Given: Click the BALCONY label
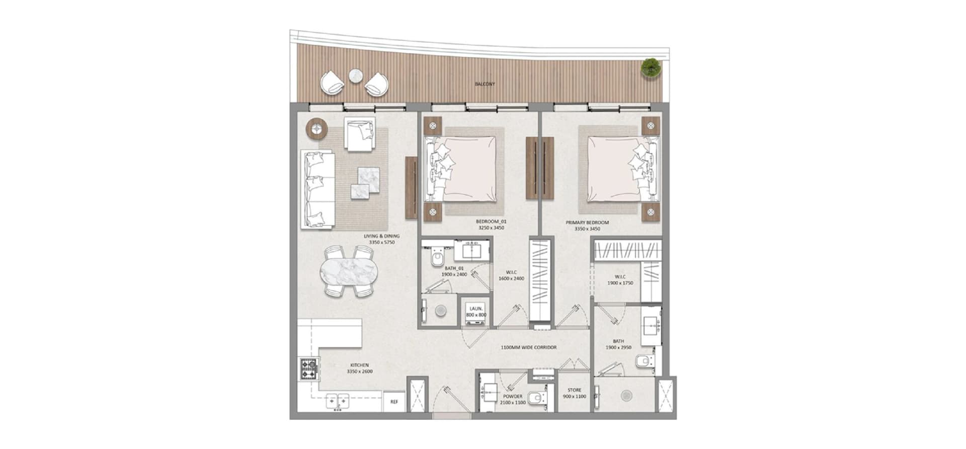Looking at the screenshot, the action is click(x=485, y=84).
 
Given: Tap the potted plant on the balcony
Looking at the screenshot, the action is click(x=651, y=67).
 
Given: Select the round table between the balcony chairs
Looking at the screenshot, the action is click(x=356, y=76).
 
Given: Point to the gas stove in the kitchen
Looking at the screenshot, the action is click(x=309, y=369).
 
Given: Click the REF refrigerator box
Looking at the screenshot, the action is click(x=394, y=402).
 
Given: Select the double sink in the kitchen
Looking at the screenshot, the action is click(x=338, y=401).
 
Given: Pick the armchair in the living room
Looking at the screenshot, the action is click(x=360, y=134).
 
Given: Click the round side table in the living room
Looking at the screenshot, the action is click(x=317, y=128).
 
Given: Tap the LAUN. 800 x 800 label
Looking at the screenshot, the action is click(x=476, y=312).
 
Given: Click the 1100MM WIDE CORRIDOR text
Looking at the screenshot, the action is click(x=528, y=347).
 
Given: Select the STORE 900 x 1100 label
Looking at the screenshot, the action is click(x=574, y=393).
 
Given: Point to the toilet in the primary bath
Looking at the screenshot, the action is click(x=645, y=361).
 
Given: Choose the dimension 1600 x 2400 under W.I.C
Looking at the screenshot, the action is click(x=512, y=278).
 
